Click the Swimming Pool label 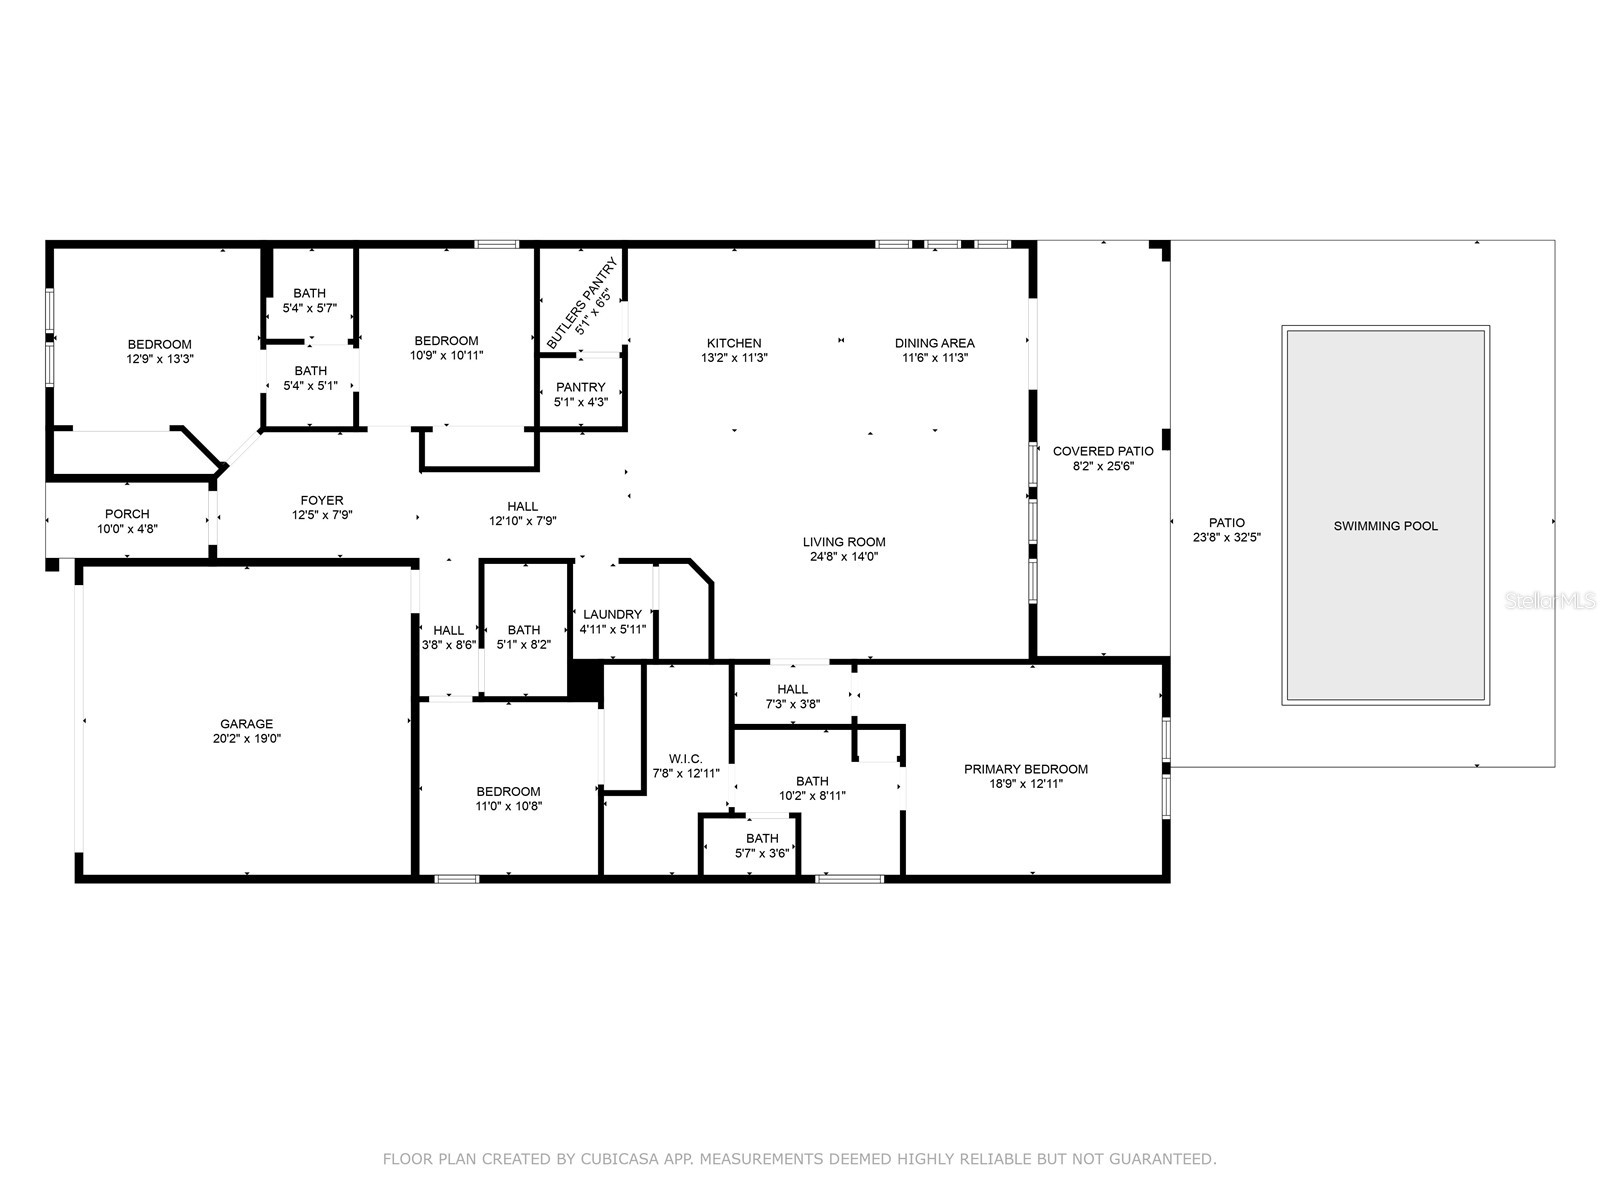[1385, 526]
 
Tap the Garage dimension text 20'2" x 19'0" [246, 739]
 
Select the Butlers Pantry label [582, 301]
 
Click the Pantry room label [580, 387]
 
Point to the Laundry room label [612, 615]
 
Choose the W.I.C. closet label [685, 758]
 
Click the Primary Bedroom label [1025, 769]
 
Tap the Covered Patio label [1103, 451]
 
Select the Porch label [127, 514]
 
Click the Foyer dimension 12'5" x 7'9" [322, 515]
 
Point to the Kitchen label [734, 343]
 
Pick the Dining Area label [934, 343]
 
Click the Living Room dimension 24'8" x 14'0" [844, 557]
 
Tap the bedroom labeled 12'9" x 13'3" [159, 345]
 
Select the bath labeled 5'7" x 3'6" [762, 839]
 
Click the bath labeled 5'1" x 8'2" [523, 630]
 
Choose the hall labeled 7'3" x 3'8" [792, 689]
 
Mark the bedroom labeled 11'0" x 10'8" [508, 791]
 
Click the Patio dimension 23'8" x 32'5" [1227, 537]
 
